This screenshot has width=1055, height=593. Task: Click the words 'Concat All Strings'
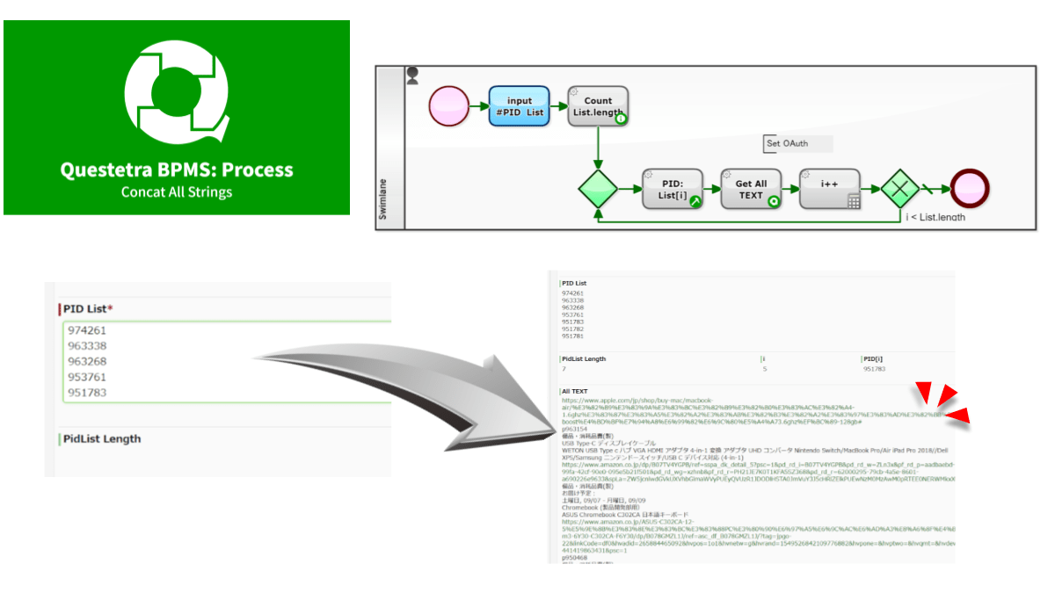coord(176,192)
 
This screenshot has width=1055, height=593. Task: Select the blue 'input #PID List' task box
coord(519,106)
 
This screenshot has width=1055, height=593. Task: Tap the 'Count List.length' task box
coord(598,106)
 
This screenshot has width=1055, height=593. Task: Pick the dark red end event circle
coord(968,188)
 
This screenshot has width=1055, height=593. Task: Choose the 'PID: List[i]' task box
coord(673,189)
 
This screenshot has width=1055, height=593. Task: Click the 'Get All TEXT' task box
coord(751,189)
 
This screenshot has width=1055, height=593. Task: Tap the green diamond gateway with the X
coord(899,189)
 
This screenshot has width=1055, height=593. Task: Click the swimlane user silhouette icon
coord(412,76)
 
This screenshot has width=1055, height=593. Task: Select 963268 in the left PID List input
coord(87,361)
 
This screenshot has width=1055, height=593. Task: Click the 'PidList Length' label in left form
coord(101,438)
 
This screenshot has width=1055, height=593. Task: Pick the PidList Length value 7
coord(564,369)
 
